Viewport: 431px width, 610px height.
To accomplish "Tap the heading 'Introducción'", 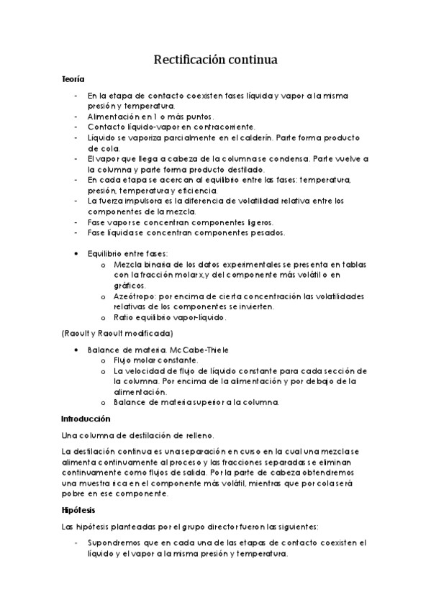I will coord(86,418).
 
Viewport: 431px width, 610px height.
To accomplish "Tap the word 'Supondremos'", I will coord(116,542).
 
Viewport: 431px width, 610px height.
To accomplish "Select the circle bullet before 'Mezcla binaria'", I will coord(104,265).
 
